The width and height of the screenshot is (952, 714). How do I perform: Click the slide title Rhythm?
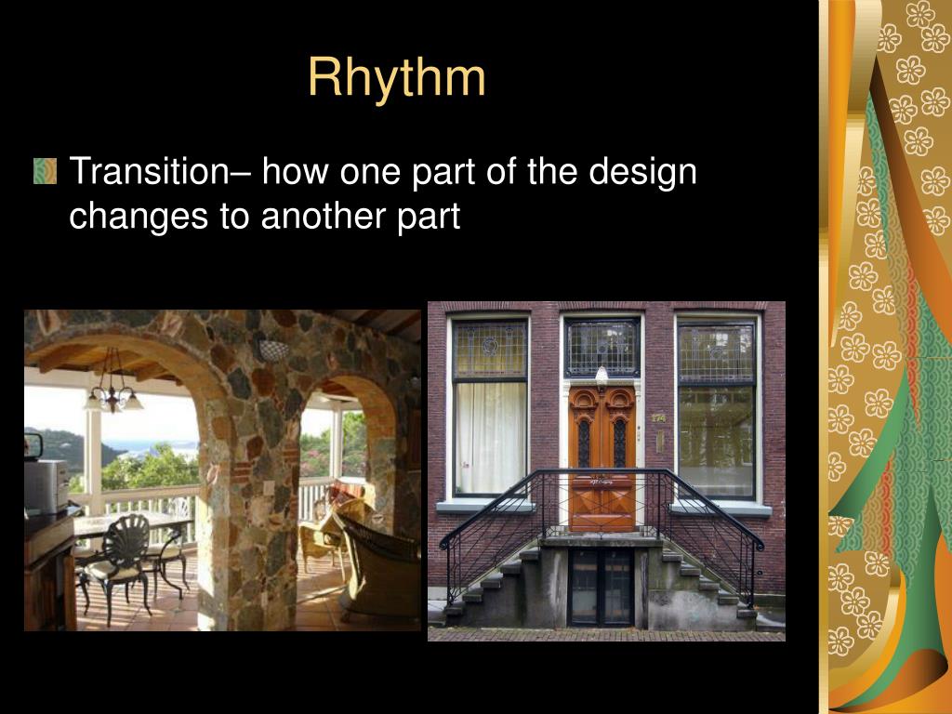tap(396, 77)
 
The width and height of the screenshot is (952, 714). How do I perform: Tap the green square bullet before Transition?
tap(45, 171)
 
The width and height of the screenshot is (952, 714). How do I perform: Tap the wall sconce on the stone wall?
tap(272, 350)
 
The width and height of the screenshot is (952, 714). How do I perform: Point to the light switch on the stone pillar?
tap(268, 487)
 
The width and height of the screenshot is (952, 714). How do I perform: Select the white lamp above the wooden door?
tap(602, 375)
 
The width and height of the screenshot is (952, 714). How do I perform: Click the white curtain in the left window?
tap(490, 437)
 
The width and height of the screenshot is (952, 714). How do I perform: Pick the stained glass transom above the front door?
tap(602, 346)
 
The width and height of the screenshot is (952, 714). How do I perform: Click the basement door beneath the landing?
tap(601, 586)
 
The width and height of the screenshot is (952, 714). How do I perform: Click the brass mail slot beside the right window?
tap(658, 440)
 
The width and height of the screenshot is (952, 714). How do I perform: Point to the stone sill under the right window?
tap(721, 509)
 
